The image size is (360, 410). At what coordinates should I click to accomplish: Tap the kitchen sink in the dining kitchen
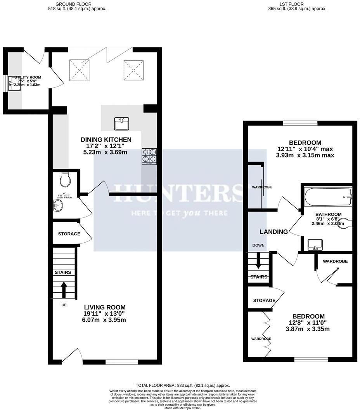pos(122,124)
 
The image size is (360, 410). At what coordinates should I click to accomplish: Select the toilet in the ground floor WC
pos(65,179)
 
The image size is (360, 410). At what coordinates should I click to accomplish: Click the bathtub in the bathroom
pos(328,197)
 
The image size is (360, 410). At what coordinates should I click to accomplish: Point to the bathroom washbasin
pos(314,245)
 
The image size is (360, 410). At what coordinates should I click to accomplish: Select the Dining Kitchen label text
pos(106,140)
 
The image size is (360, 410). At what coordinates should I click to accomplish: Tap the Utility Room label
pos(28,78)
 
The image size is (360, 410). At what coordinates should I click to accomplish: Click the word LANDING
pos(273,232)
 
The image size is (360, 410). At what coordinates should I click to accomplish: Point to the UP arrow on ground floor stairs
pos(63,289)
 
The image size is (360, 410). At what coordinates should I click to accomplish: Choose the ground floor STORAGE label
pos(69,234)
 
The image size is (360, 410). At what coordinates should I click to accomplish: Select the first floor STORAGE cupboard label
pos(264,301)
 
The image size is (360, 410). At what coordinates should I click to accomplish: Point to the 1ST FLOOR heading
pos(298,4)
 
